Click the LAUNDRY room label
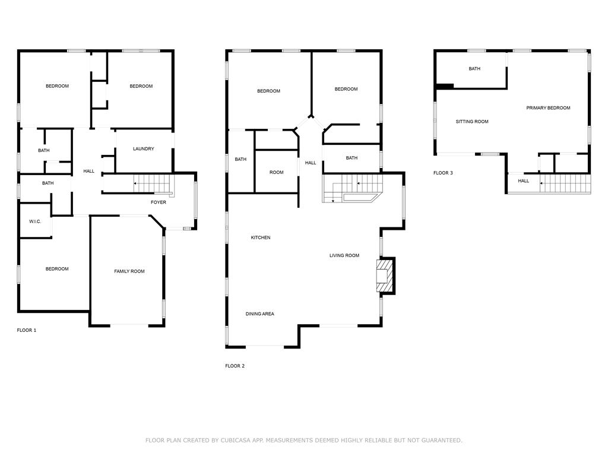point(144,149)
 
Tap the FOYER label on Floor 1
point(158,202)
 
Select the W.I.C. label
point(35,222)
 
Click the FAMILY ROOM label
point(129,271)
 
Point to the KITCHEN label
point(261,237)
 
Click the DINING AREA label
point(260,314)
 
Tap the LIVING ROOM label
point(344,255)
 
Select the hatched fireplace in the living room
point(385,275)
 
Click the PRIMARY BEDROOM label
point(548,108)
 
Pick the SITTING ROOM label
point(472,122)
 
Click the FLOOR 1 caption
point(26,330)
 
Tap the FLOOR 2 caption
point(235,366)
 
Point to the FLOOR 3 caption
point(443,173)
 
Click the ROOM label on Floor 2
point(277,173)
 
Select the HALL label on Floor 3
point(524,181)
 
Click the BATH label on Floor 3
point(474,69)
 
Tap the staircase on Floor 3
point(565,183)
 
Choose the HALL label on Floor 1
point(89,172)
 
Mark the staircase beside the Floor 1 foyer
point(153,183)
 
